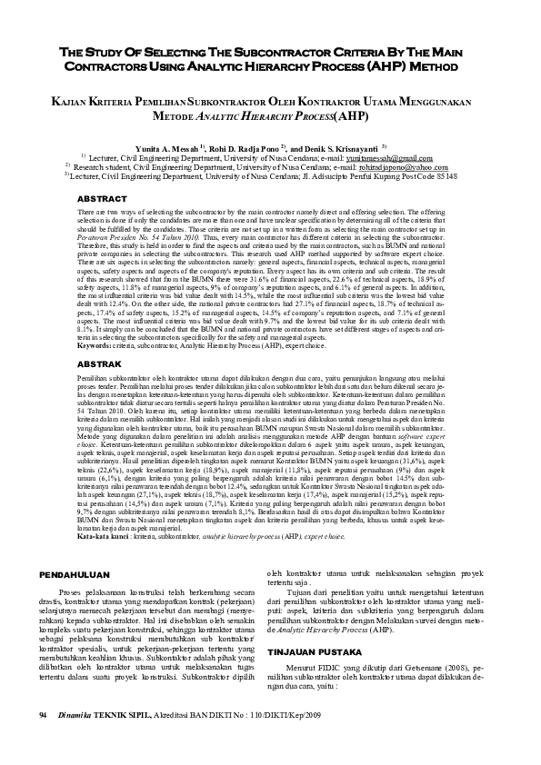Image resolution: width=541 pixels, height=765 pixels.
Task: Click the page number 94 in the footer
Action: tap(44, 742)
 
